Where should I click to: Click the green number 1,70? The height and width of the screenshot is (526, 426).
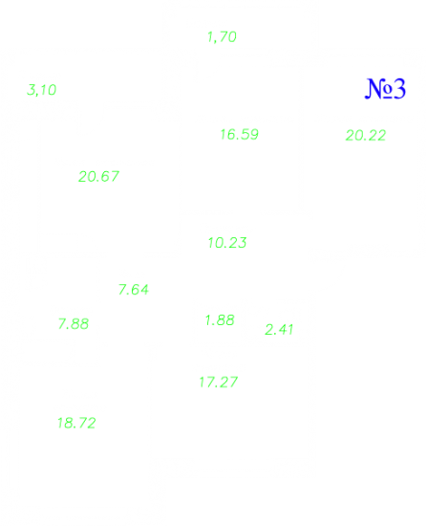(x=222, y=37)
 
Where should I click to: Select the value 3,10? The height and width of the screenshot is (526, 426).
(x=41, y=90)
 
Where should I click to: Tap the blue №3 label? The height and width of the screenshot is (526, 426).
(x=385, y=89)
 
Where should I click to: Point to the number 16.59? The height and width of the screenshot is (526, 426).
(x=239, y=135)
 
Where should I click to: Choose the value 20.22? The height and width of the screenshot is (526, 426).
(x=366, y=136)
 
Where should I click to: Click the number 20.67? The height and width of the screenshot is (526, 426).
(x=98, y=177)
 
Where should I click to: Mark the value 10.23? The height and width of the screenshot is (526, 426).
(x=227, y=243)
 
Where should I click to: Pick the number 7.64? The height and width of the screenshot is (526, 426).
(x=134, y=290)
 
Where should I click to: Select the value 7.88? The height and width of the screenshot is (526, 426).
(x=74, y=324)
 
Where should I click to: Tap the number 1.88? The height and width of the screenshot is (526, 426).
(x=220, y=320)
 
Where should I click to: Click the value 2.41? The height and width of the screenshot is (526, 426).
(x=279, y=329)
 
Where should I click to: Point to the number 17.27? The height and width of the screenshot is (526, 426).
(x=219, y=383)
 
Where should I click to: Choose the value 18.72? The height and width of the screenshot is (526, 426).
(x=76, y=423)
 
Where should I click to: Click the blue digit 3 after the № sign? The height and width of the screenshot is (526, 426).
(x=399, y=89)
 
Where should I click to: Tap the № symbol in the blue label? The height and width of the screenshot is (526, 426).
(x=378, y=89)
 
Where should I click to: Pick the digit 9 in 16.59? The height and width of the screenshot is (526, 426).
(x=254, y=135)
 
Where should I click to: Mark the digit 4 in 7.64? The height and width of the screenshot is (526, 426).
(x=143, y=290)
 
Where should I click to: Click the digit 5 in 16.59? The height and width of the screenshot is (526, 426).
(x=245, y=135)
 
